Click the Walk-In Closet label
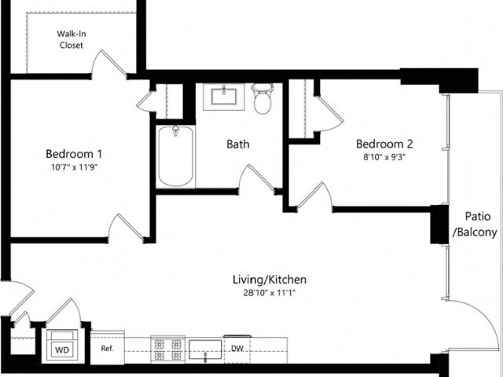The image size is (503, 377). [x=72, y=39]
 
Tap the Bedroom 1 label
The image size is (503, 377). [x=74, y=154]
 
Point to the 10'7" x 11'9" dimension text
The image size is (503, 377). [x=74, y=167]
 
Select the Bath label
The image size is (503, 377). [x=237, y=144]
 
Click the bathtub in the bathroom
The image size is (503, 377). [x=175, y=156]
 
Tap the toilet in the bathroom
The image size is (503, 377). [x=263, y=99]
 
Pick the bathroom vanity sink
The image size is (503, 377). [x=223, y=97]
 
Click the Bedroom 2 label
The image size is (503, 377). [x=384, y=144]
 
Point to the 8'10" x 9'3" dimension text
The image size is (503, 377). [x=384, y=157]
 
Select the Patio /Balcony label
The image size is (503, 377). [x=475, y=224]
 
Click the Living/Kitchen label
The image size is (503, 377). [x=270, y=280]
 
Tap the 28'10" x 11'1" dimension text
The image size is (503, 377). [x=269, y=293]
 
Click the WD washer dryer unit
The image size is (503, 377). [x=62, y=346]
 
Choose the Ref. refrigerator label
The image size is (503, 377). [x=107, y=349]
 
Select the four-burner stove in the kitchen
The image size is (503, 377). [x=167, y=350]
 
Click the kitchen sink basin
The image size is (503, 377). [x=205, y=350]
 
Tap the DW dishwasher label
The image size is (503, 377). [x=237, y=349]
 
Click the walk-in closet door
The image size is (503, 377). [x=108, y=63]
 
